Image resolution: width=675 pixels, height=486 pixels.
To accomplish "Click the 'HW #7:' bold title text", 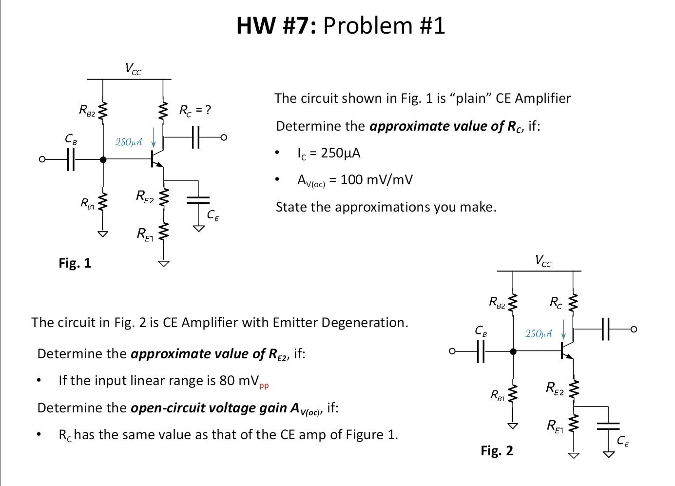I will pos(276,25).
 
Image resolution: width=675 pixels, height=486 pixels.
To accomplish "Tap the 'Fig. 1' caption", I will pos(75,263).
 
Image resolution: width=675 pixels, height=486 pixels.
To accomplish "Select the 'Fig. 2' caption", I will pos(497,450).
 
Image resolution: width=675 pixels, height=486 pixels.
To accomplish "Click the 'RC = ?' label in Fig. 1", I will pos(195,110).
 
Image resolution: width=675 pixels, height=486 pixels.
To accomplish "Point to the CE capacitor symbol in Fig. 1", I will pos(198,199).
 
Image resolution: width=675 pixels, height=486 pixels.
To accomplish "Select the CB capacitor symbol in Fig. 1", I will pos(70,159).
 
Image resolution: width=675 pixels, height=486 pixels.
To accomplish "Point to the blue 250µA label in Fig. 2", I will pos(539,333).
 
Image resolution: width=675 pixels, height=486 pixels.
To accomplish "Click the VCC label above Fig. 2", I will pos(542,261).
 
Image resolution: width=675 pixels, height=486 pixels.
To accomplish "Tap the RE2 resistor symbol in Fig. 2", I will pos(574,389).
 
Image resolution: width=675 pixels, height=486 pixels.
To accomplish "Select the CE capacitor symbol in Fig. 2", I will pos(608,426).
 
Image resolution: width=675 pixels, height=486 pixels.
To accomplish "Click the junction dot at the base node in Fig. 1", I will pos(103,159).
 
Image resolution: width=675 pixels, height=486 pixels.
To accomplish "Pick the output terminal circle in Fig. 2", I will pos(633,330).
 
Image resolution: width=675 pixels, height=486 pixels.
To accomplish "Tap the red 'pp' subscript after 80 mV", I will pos(264,386).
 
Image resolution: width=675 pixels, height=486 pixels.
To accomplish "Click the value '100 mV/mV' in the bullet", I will pos(376,180).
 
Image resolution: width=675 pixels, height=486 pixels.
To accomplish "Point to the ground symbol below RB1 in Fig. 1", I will pos(102,233).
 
